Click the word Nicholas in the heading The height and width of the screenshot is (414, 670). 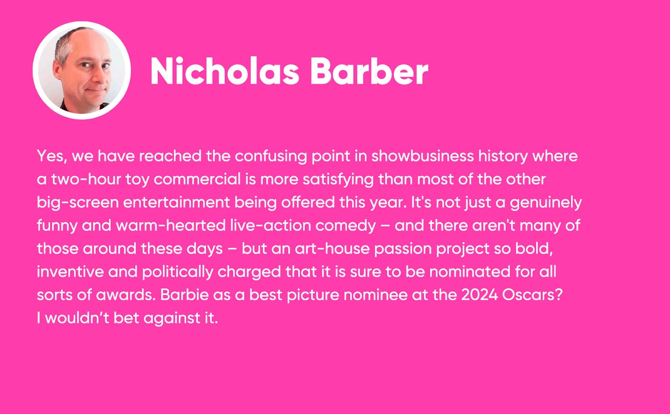point(224,71)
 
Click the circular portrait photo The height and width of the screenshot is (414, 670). point(82,71)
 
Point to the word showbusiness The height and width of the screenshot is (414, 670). point(423,156)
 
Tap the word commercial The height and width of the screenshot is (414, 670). point(197,179)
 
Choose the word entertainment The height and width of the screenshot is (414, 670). point(176,202)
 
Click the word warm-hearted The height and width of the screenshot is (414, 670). point(171,225)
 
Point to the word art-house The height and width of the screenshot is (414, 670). point(332,249)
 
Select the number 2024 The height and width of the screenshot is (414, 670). point(480,295)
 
